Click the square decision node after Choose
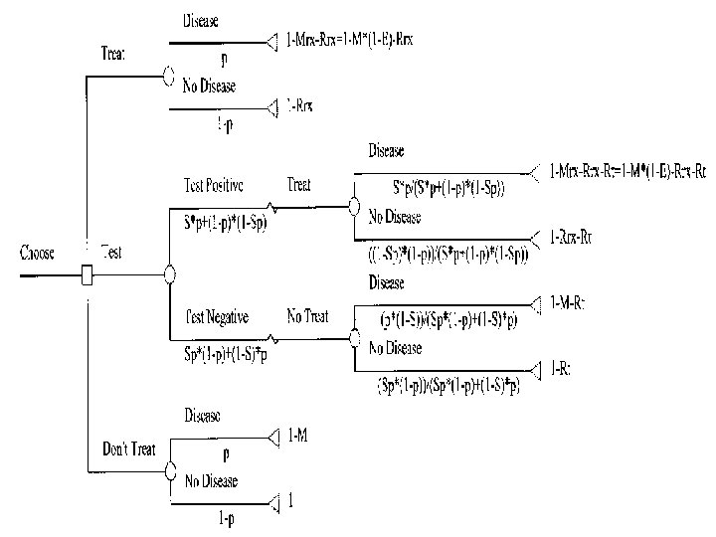tap(87, 273)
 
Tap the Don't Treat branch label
tap(128, 449)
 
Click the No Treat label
tap(308, 317)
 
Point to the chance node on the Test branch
tap(169, 273)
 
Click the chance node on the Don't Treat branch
tap(169, 469)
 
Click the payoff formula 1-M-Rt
tap(569, 302)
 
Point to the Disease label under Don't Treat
tap(202, 417)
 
